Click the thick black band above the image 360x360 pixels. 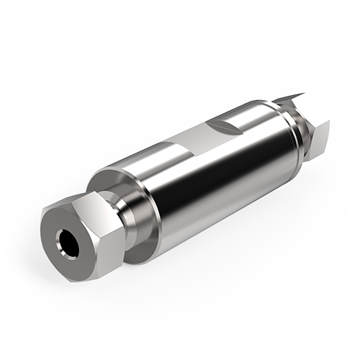pos(180,25)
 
